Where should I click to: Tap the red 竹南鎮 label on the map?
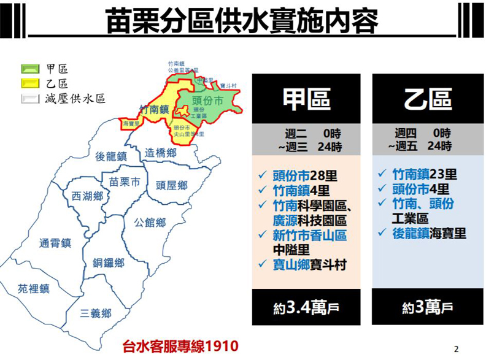coord(153,109)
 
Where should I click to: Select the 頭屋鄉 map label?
coord(171,184)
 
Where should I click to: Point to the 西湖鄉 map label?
coord(87,196)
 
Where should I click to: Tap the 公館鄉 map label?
coord(152,221)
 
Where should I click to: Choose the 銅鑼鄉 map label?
coord(109,263)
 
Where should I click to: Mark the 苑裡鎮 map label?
coord(33,288)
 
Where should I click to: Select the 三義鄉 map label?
coord(96,313)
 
